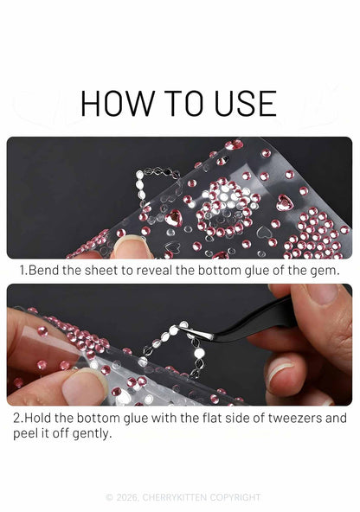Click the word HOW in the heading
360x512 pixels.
(x=118, y=104)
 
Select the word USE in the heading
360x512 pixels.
(x=245, y=104)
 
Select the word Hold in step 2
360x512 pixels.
(x=38, y=418)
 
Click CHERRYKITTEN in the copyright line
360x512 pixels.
(x=175, y=497)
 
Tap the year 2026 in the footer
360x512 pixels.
(x=128, y=497)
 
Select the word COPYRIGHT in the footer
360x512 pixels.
(x=235, y=497)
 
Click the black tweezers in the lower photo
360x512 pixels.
(x=258, y=323)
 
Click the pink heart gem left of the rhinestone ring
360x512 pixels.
(x=173, y=217)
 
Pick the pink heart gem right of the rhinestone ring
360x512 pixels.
(x=284, y=202)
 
